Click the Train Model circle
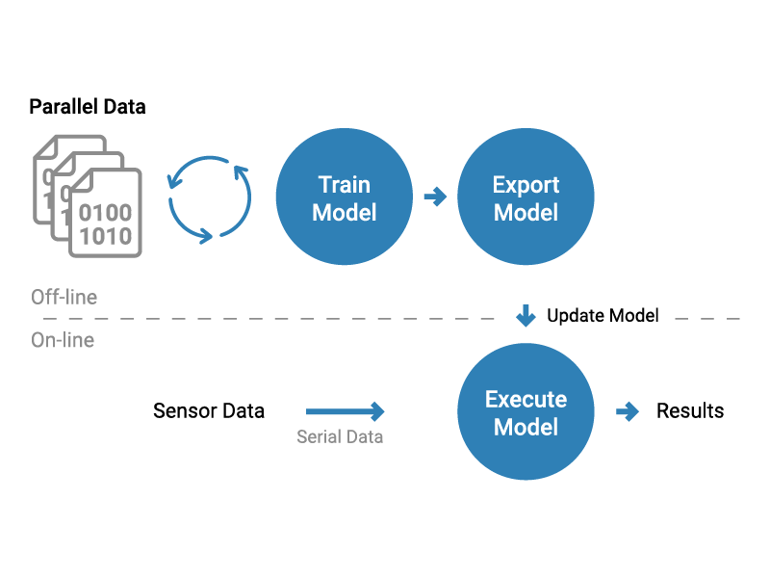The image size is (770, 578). click(x=345, y=197)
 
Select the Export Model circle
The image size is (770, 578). click(x=526, y=197)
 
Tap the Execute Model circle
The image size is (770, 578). click(x=526, y=411)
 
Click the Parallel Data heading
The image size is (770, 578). click(x=88, y=107)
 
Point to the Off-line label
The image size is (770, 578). click(x=64, y=297)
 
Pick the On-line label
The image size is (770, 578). click(x=63, y=340)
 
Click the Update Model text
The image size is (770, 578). click(x=603, y=316)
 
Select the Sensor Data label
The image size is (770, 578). click(x=209, y=411)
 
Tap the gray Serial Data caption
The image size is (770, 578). click(x=340, y=436)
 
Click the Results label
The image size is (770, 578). click(x=690, y=411)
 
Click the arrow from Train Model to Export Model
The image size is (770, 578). click(x=436, y=197)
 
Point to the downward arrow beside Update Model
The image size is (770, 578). click(x=526, y=316)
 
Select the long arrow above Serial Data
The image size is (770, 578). click(x=346, y=411)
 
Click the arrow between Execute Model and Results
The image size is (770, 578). click(x=628, y=411)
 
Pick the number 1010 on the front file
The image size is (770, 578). click(x=106, y=236)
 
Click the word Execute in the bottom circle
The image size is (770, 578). click(x=526, y=399)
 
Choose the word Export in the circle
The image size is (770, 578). click(x=526, y=185)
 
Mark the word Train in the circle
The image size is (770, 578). click(x=345, y=185)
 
